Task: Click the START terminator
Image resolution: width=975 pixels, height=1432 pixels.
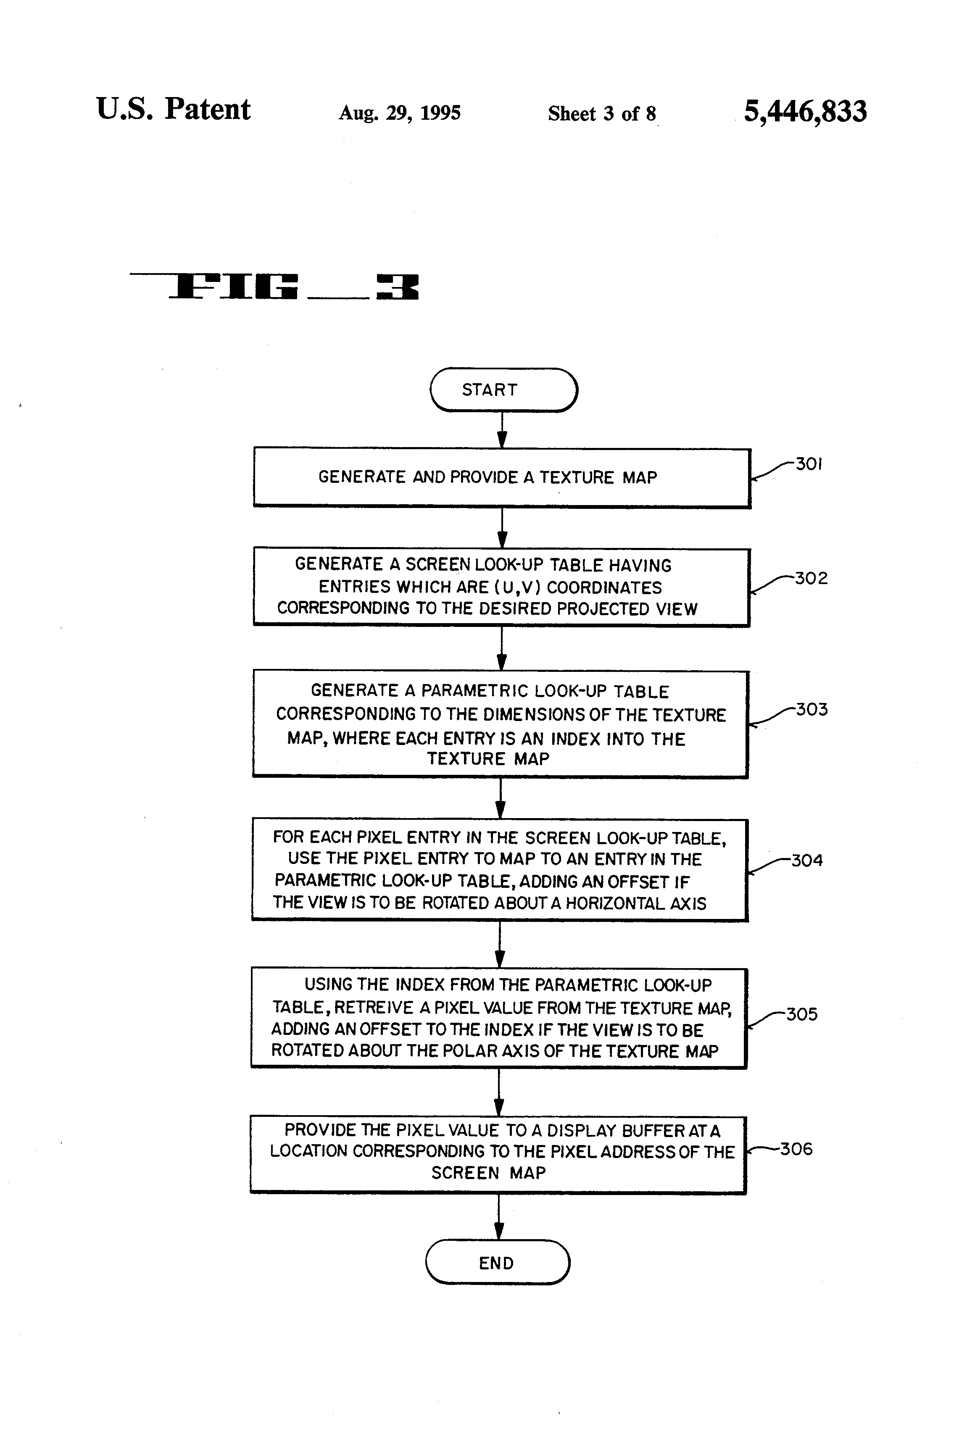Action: tap(503, 390)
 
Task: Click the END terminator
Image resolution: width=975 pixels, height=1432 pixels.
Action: tap(497, 1263)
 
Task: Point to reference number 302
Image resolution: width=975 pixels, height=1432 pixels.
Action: tap(811, 578)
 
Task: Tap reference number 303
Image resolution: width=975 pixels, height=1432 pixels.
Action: tap(812, 709)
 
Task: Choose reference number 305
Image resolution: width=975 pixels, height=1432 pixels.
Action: tap(801, 1014)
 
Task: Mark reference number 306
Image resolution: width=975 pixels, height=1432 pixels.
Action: tap(796, 1149)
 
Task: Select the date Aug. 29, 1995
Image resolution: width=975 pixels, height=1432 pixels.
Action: tap(399, 113)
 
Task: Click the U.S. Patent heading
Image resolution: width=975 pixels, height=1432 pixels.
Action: tap(173, 110)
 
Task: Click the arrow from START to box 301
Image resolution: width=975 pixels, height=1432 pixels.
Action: tap(502, 429)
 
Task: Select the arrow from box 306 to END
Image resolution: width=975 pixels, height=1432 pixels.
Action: tap(498, 1217)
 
